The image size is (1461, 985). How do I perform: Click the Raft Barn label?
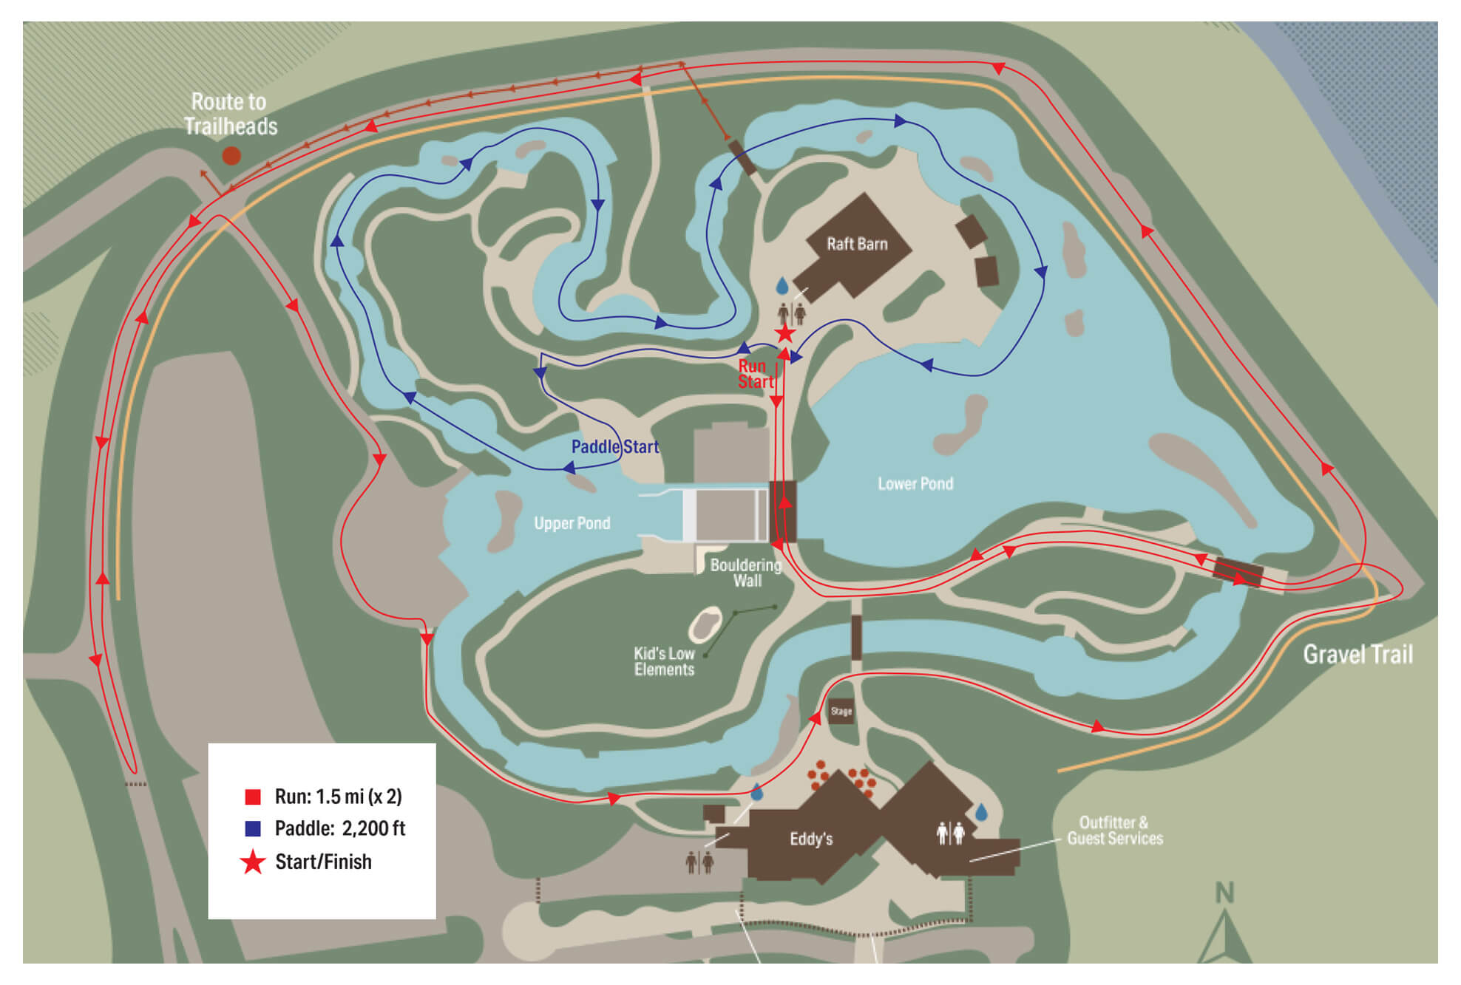pyautogui.click(x=857, y=244)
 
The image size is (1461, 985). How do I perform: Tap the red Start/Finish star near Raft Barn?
pyautogui.click(x=784, y=334)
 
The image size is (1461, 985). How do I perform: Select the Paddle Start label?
pyautogui.click(x=614, y=446)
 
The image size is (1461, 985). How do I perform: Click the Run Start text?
pyautogui.click(x=755, y=374)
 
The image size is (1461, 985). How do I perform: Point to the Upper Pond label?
pyautogui.click(x=572, y=523)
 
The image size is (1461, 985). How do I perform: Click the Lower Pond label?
pyautogui.click(x=915, y=483)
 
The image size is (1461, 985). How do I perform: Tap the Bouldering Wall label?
pyautogui.click(x=745, y=573)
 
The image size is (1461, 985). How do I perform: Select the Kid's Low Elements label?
pyautogui.click(x=664, y=661)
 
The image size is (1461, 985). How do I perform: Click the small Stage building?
pyautogui.click(x=841, y=711)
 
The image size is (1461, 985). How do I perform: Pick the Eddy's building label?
pyautogui.click(x=811, y=839)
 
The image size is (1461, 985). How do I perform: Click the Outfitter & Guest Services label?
pyautogui.click(x=1114, y=831)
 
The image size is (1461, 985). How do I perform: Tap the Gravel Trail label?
pyautogui.click(x=1357, y=654)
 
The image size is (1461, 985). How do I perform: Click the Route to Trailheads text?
pyautogui.click(x=230, y=114)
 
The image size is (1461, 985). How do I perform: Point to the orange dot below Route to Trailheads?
pyautogui.click(x=231, y=155)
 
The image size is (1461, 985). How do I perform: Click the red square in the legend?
pyautogui.click(x=253, y=797)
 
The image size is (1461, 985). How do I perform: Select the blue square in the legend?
pyautogui.click(x=253, y=828)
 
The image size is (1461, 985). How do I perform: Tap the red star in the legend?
pyautogui.click(x=253, y=862)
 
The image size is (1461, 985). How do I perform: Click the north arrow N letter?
pyautogui.click(x=1224, y=893)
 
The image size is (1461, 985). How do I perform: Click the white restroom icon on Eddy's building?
pyautogui.click(x=950, y=833)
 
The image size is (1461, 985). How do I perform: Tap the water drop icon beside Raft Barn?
pyautogui.click(x=782, y=285)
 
